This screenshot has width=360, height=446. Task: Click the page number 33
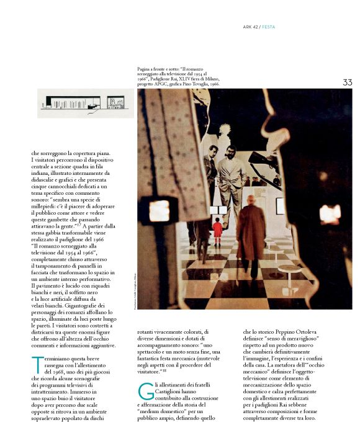click(347, 83)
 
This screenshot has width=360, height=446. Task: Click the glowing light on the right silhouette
click(329, 213)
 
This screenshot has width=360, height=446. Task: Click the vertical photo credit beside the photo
click(134, 292)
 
